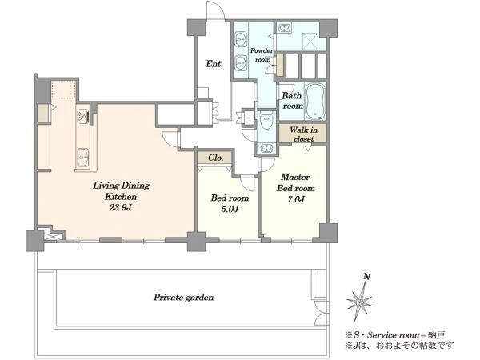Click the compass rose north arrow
[360, 301]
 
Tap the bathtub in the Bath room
[315, 101]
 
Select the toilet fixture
[266, 122]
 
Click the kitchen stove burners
[82, 116]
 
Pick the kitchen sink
[82, 157]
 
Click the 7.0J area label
[296, 199]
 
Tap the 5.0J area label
[230, 209]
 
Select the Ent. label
[214, 64]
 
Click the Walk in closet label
[303, 134]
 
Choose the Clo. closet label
[215, 158]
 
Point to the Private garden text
[183, 298]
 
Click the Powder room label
[262, 55]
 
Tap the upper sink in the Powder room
[241, 39]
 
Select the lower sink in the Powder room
[241, 63]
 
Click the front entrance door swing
[215, 11]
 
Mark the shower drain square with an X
[310, 40]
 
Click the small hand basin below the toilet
[266, 149]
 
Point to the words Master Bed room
[296, 182]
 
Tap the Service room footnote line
[395, 335]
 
